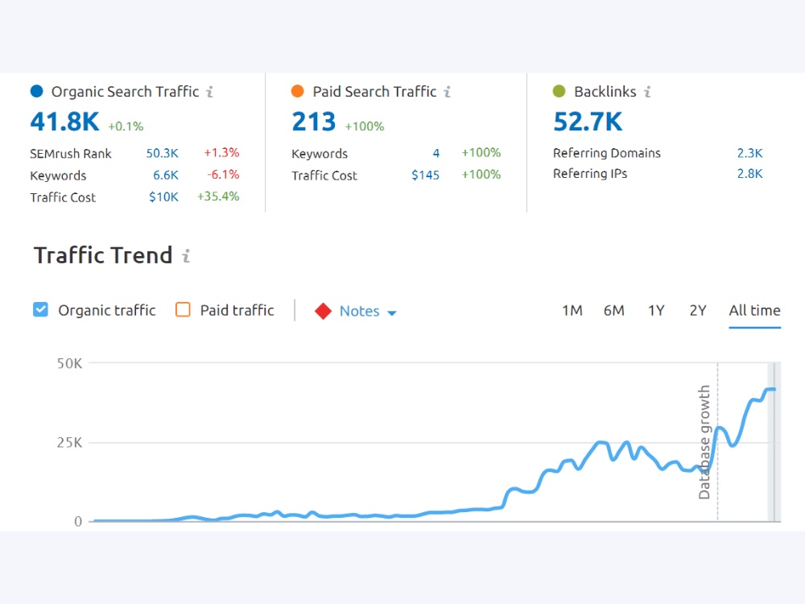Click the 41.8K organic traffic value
(x=64, y=122)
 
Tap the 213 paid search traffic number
(x=314, y=122)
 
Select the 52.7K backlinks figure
(x=588, y=122)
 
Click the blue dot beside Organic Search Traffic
(x=37, y=92)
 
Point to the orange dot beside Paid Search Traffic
(x=298, y=92)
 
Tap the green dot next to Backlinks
(x=559, y=92)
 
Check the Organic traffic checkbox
(x=40, y=310)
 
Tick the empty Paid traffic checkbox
(x=183, y=310)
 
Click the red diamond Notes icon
(x=323, y=311)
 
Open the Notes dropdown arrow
(x=392, y=312)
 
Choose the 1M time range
(x=572, y=311)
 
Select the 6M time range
(x=614, y=311)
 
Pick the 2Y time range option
(x=698, y=311)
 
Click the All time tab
(x=755, y=311)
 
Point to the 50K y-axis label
(x=69, y=364)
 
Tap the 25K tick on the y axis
(x=69, y=443)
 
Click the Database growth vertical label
(x=704, y=442)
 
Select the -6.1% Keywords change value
(x=223, y=175)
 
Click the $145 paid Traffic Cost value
(x=426, y=175)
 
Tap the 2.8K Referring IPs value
(x=750, y=174)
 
